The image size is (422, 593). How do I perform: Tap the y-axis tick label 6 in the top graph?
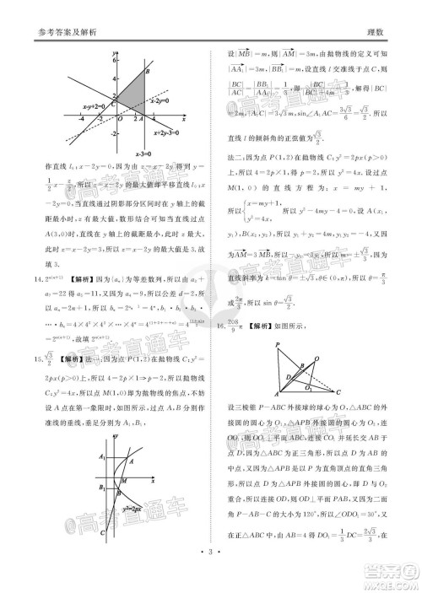click(x=108, y=60)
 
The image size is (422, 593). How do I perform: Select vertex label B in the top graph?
click(x=147, y=73)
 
